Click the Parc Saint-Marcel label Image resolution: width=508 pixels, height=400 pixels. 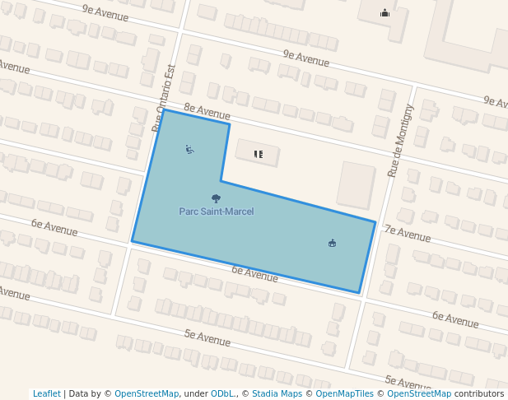(217, 212)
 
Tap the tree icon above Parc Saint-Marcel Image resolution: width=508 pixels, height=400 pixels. (217, 198)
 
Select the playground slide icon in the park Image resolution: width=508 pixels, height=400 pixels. (190, 150)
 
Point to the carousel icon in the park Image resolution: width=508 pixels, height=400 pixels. (332, 243)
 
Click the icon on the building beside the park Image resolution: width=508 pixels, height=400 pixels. (258, 154)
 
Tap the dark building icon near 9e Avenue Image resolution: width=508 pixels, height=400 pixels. (384, 12)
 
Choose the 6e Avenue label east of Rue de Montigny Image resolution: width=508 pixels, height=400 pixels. (455, 319)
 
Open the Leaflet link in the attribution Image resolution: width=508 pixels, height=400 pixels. (47, 393)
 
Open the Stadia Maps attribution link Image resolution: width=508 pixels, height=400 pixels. (277, 393)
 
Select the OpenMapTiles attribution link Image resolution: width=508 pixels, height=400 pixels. (344, 393)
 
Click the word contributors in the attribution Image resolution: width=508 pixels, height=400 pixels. (479, 393)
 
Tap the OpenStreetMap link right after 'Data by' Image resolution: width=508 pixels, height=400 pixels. (147, 393)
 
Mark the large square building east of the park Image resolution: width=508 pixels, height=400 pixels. (357, 184)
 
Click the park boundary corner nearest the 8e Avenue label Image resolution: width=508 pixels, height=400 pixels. (229, 124)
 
